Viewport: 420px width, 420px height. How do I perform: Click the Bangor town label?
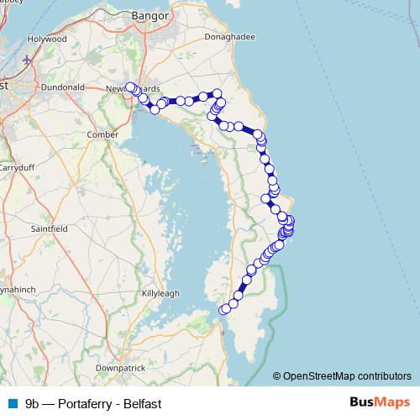[x=151, y=16]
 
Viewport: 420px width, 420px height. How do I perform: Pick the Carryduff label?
[x=15, y=166]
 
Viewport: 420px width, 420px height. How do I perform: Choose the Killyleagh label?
[x=161, y=293]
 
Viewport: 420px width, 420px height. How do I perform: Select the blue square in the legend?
[x=12, y=402]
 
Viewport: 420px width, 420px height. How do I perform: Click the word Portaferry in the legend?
[x=87, y=403]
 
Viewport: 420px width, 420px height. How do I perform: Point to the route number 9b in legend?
[x=33, y=403]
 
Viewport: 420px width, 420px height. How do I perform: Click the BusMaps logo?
[x=381, y=402]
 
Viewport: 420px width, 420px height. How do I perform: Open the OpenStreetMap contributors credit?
[x=349, y=375]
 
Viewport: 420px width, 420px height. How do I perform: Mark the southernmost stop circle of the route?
[x=224, y=310]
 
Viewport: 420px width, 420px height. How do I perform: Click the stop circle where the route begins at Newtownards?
[x=130, y=87]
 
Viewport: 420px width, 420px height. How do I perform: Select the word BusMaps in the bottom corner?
[x=381, y=402]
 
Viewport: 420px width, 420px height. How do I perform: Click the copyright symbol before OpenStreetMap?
[x=277, y=375]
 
